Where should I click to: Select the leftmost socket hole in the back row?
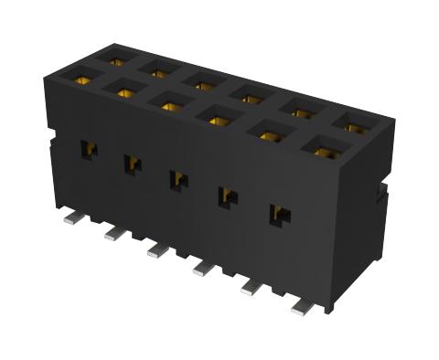click(x=115, y=60)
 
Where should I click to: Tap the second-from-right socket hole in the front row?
click(x=268, y=134)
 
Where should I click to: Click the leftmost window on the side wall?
click(x=89, y=149)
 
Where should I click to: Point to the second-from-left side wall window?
click(x=133, y=164)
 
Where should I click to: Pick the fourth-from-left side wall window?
click(x=227, y=196)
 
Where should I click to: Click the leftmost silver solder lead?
click(x=68, y=219)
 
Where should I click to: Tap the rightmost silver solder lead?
click(x=303, y=308)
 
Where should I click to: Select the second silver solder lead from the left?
click(x=112, y=235)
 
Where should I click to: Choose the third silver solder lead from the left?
click(x=157, y=249)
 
